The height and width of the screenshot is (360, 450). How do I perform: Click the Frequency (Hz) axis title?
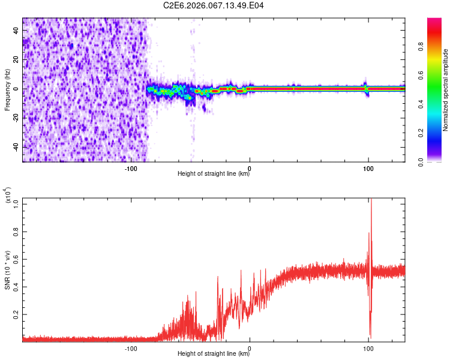click(x=7, y=90)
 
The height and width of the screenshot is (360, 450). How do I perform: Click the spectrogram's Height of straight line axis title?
click(x=214, y=174)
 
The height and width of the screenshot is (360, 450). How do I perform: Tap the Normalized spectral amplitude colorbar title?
click(x=445, y=90)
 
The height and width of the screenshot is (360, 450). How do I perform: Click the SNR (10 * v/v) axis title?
click(x=7, y=270)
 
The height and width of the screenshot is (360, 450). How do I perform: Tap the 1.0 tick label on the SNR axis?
click(x=16, y=204)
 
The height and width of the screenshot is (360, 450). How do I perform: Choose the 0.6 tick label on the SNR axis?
click(x=16, y=259)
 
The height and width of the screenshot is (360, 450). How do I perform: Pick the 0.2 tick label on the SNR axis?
click(x=16, y=314)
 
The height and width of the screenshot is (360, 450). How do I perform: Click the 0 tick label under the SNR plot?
click(x=250, y=348)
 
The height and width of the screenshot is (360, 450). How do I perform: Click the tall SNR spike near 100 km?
click(x=371, y=207)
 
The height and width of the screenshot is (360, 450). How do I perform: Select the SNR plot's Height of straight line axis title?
click(x=214, y=354)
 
